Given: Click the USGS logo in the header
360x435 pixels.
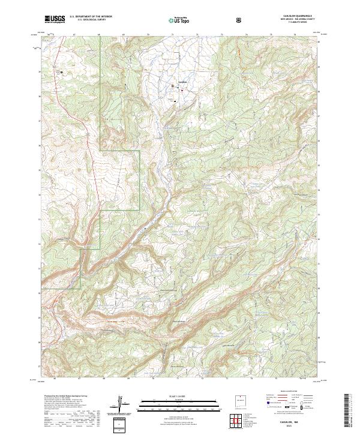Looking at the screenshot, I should click(x=55, y=19).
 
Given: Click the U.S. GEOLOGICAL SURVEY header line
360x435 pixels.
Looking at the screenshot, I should click(x=91, y=20).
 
